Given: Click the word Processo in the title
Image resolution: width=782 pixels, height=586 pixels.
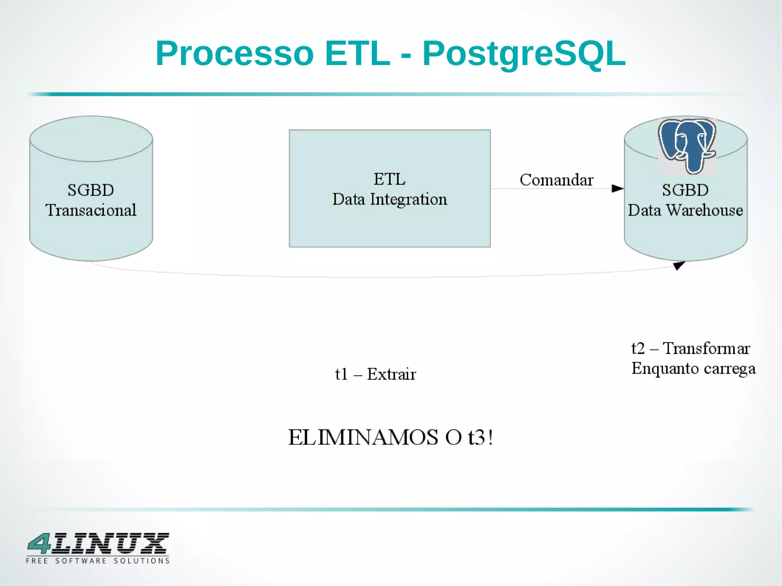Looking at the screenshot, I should click(234, 53).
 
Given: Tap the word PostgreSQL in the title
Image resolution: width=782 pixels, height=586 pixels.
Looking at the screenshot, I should click(524, 53).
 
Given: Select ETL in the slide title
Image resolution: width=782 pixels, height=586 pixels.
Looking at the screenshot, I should click(357, 53).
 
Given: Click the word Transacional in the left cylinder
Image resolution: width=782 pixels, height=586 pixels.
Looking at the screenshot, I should click(91, 210).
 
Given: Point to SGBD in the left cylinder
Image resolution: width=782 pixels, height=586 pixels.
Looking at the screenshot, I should click(91, 190).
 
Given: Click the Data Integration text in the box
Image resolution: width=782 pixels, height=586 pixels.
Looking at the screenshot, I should click(389, 199).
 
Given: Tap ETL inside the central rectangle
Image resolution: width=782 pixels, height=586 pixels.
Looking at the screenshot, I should click(389, 179).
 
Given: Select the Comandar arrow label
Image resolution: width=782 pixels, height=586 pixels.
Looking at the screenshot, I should click(556, 180).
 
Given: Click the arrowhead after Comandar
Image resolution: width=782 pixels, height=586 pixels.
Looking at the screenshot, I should click(617, 189).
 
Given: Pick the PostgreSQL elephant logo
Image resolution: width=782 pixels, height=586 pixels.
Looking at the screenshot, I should click(687, 145).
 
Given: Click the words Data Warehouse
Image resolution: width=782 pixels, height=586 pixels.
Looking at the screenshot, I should click(685, 210).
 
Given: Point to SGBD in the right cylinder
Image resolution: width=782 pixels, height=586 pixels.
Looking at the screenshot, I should click(685, 190).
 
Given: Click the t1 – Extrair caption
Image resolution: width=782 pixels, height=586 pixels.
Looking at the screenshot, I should click(375, 374).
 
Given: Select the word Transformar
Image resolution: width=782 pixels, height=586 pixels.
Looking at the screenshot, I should click(706, 349).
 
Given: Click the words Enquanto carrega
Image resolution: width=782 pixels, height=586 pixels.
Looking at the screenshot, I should click(693, 369).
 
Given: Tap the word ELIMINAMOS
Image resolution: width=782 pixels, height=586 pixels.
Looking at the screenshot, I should click(363, 437).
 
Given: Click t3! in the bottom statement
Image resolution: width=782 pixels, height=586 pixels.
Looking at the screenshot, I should click(480, 437).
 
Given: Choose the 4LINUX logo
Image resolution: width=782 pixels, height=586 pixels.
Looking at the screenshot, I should click(98, 544).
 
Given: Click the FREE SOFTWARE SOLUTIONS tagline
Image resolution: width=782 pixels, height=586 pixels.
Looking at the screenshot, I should click(98, 561).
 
